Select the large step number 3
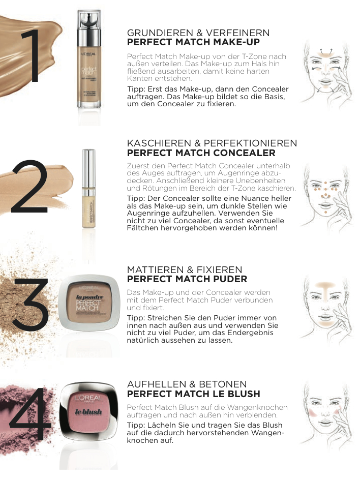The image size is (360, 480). coord(31,305)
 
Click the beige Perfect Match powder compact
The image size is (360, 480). coord(89,303)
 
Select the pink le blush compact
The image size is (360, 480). coord(88,411)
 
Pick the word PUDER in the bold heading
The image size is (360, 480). coord(228,279)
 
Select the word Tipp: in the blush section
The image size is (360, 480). coord(136,426)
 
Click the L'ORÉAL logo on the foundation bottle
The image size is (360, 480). coord(89,54)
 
